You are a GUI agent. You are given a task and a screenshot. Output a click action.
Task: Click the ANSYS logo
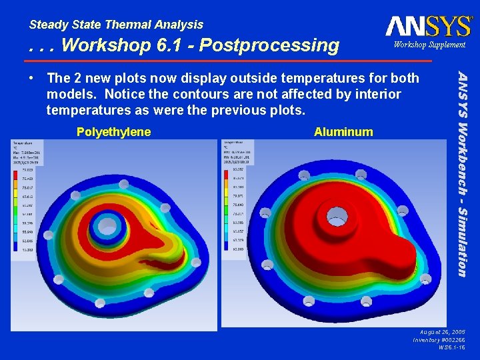click(428, 26)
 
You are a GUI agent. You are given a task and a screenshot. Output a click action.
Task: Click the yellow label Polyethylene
click(113, 132)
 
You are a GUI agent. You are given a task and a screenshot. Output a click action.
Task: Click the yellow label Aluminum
click(343, 132)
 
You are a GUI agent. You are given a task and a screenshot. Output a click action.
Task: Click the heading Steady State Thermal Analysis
click(116, 25)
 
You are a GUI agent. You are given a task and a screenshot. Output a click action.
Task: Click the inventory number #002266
click(451, 339)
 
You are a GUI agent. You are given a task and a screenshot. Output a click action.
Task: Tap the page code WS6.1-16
click(451, 347)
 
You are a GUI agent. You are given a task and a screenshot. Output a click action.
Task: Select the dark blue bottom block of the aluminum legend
click(238, 248)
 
